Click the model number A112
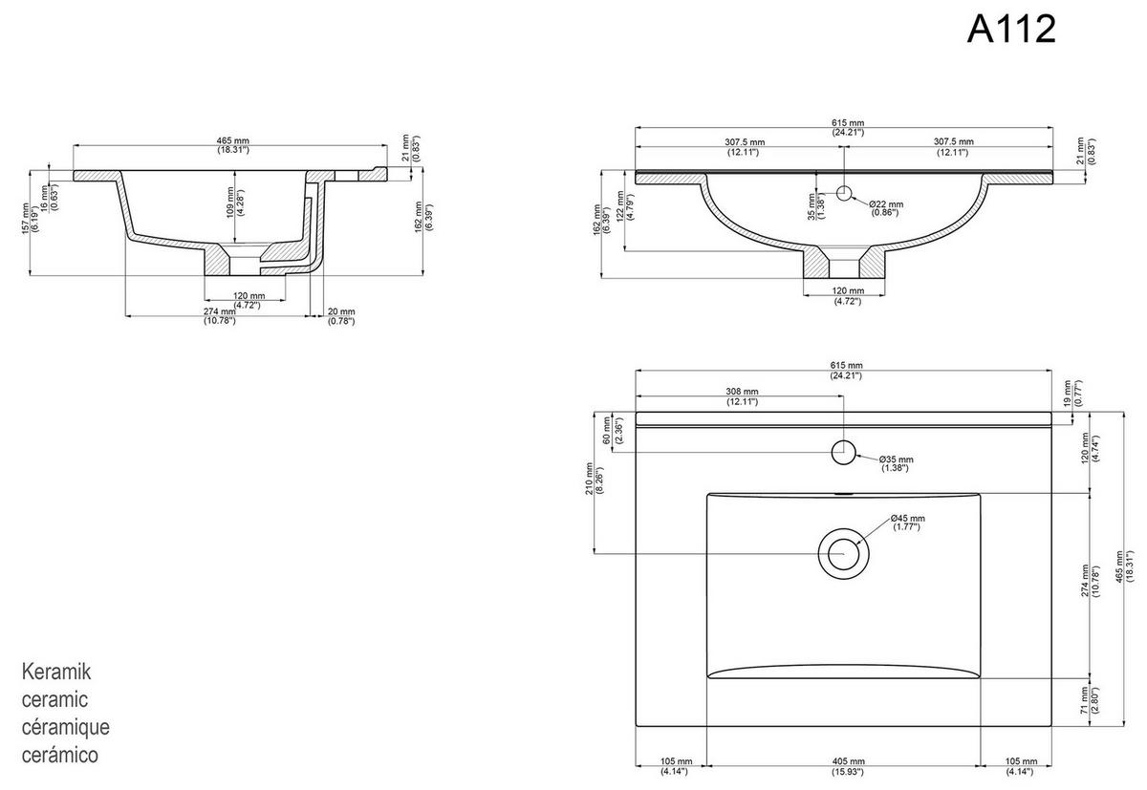point(1011,30)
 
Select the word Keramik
point(55,673)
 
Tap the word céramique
point(65,728)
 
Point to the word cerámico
point(60,756)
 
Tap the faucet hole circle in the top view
point(843,451)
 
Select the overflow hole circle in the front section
point(844,194)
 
